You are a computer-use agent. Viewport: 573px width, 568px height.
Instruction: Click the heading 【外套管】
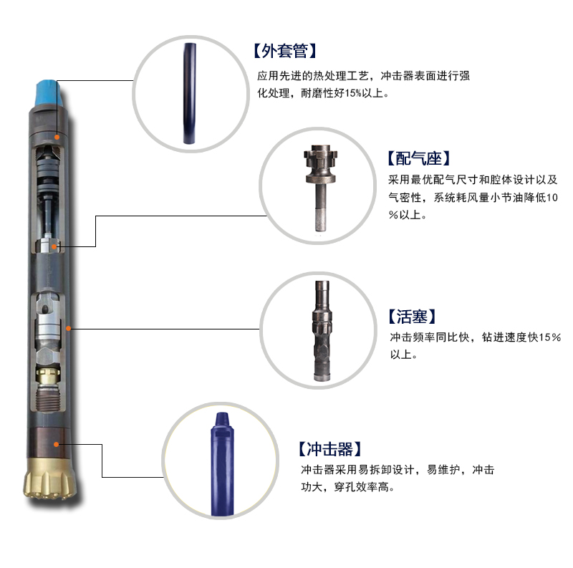point(284,51)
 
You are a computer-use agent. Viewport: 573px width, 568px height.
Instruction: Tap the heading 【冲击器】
point(327,450)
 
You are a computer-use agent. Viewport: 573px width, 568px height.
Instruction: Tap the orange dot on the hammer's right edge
point(69,327)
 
